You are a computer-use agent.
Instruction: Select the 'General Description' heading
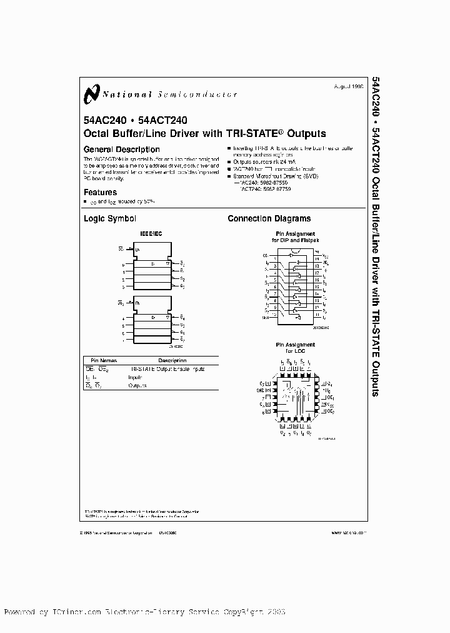(121, 149)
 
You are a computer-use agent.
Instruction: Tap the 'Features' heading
(100, 193)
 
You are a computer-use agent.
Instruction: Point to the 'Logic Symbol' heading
(109, 219)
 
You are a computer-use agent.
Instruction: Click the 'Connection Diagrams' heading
(269, 219)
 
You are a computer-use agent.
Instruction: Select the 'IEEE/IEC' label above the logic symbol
(150, 233)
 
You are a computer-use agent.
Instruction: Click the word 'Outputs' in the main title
(306, 133)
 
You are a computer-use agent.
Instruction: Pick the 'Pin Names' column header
(103, 361)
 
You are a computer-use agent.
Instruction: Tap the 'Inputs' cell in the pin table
(136, 377)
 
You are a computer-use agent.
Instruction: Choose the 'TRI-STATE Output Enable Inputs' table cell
(167, 369)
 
